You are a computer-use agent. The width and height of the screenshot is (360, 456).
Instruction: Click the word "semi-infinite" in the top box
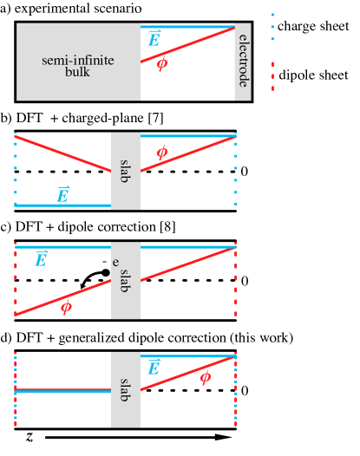[78, 61]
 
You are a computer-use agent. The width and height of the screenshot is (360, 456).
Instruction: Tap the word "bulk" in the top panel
[77, 72]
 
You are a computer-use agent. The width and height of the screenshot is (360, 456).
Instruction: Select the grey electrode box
[243, 62]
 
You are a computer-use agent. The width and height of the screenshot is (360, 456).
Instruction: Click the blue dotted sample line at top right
[272, 27]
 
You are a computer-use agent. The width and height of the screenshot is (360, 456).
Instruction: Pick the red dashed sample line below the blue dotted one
[272, 75]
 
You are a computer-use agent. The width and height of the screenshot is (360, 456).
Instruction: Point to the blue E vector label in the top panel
[154, 39]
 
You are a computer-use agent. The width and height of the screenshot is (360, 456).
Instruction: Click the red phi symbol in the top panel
[162, 63]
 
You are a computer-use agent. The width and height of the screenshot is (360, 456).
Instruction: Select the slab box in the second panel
[125, 171]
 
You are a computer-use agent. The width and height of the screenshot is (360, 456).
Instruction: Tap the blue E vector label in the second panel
[62, 195]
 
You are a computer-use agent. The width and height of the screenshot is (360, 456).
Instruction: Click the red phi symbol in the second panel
[161, 153]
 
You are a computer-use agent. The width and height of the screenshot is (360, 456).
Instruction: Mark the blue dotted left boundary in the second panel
[15, 169]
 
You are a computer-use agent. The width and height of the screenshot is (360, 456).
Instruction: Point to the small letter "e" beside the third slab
[115, 262]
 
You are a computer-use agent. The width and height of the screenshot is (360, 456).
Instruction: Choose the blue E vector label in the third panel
[41, 259]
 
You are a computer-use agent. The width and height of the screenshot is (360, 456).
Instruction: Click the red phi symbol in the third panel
[66, 306]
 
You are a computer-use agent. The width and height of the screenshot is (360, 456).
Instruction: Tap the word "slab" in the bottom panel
[125, 389]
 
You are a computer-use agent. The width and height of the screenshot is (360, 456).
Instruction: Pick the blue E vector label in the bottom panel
[154, 368]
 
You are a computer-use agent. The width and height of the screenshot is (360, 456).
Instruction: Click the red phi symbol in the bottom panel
[205, 377]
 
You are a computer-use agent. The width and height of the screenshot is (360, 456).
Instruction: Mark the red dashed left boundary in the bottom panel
[16, 389]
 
